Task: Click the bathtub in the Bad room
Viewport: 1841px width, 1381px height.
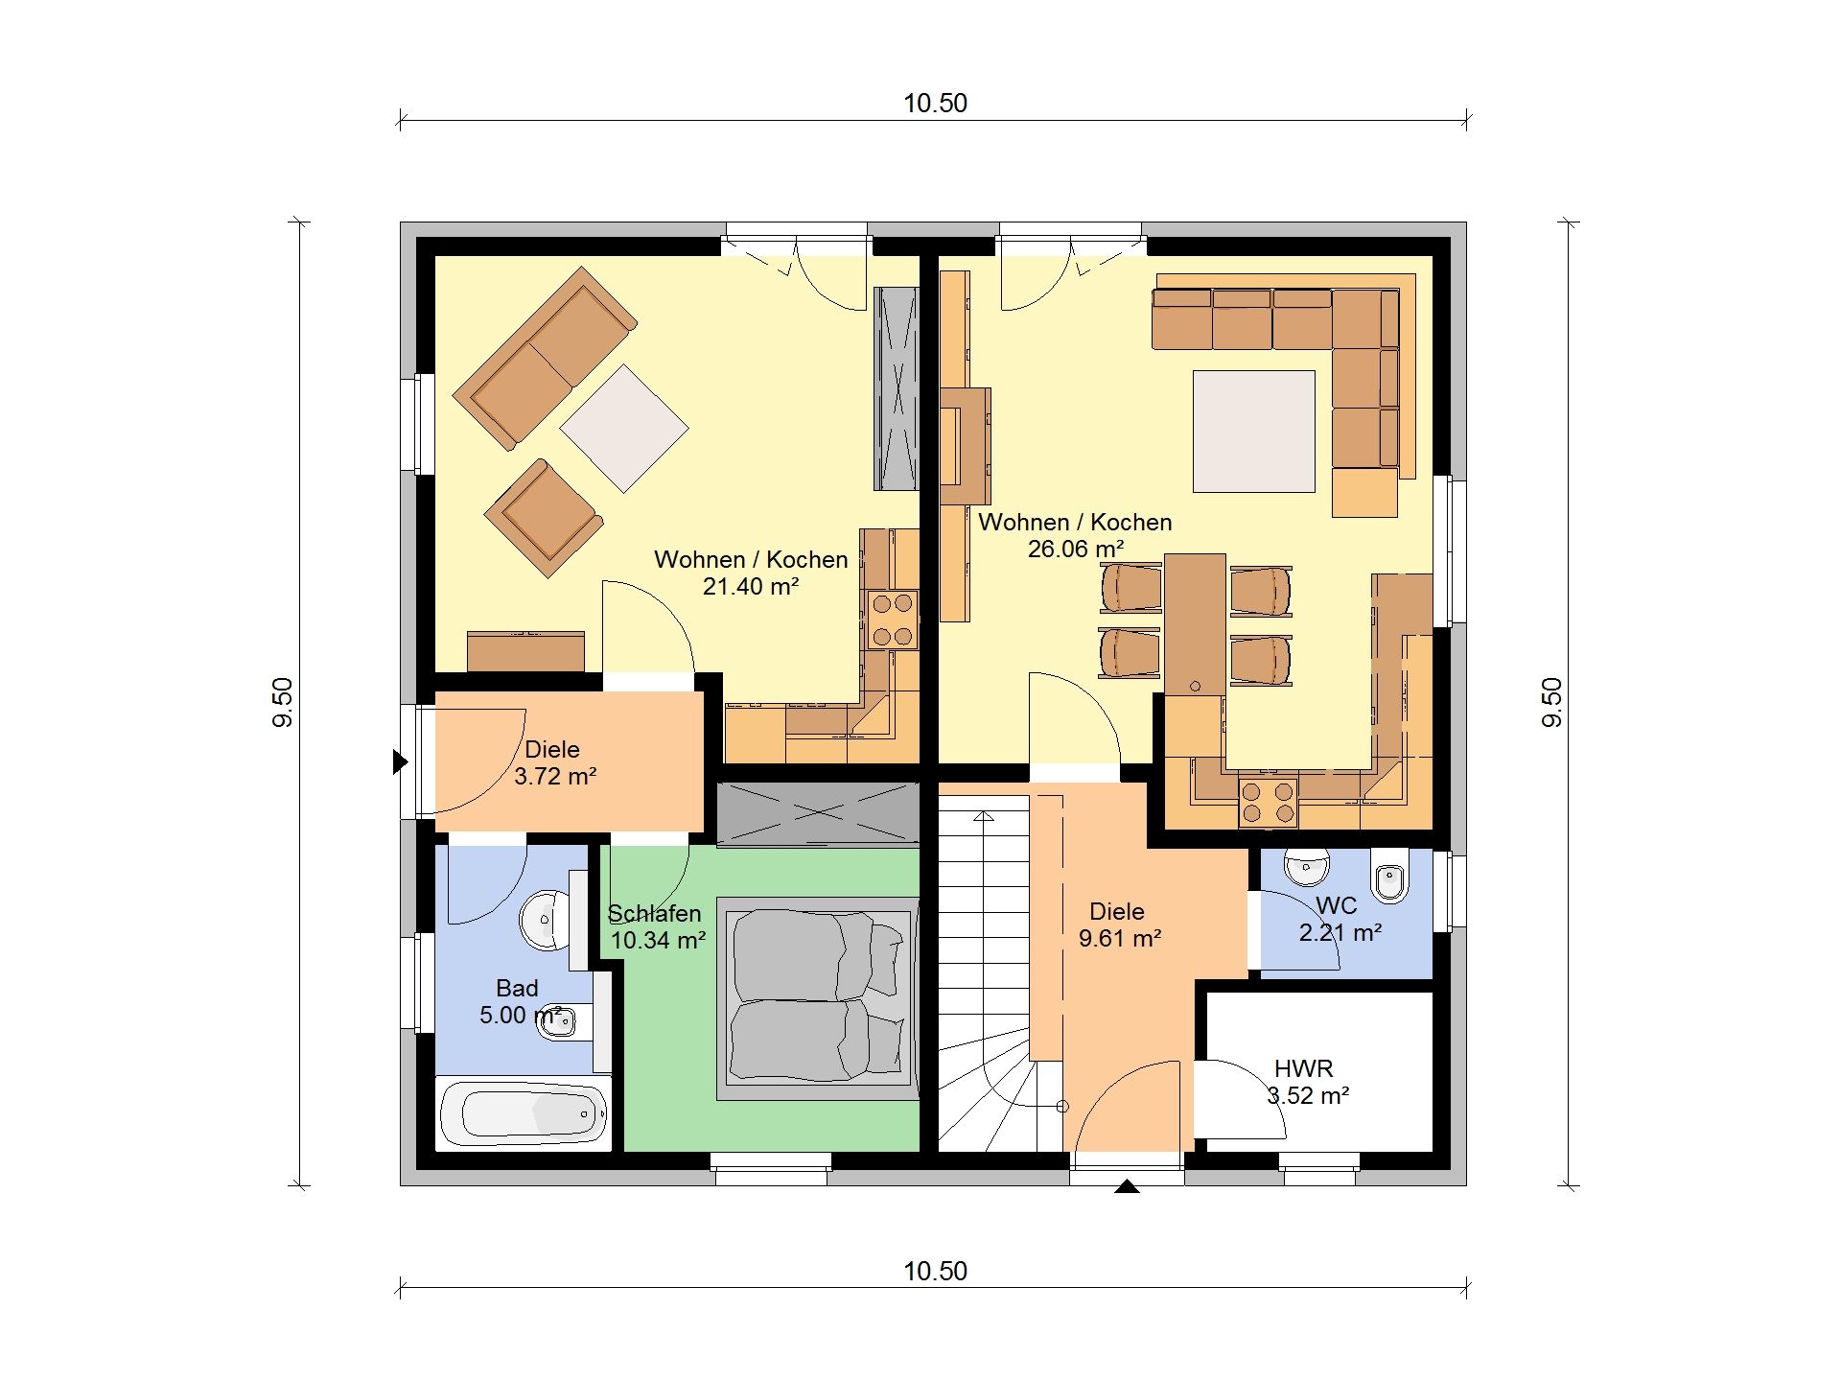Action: pos(524,1113)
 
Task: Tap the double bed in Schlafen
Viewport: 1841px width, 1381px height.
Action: pos(817,997)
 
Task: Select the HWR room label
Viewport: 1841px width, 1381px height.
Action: pos(1303,1068)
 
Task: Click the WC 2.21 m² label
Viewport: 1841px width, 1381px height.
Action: pos(1340,919)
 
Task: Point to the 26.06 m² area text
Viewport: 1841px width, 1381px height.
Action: pos(1076,550)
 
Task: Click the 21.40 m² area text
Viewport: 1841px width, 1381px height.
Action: pos(751,586)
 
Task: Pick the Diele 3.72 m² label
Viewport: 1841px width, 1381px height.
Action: pos(555,762)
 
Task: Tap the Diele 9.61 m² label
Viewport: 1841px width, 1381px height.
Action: pos(1119,925)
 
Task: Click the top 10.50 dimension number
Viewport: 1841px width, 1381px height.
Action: pos(935,103)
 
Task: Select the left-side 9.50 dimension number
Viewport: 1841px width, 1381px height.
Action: pos(282,703)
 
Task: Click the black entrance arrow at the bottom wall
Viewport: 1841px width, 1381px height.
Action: pos(1127,1186)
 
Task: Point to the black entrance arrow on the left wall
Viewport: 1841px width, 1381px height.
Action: pos(401,762)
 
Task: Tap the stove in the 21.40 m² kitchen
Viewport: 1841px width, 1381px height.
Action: pos(892,620)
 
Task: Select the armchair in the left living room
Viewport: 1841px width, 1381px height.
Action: pos(544,518)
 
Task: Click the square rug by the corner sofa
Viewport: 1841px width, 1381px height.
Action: pos(1253,432)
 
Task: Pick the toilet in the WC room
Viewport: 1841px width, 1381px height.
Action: pos(1388,876)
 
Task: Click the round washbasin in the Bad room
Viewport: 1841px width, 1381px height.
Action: pos(542,920)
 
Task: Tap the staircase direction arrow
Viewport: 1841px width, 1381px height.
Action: pos(985,816)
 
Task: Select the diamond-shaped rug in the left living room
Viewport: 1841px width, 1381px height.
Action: pos(624,429)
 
